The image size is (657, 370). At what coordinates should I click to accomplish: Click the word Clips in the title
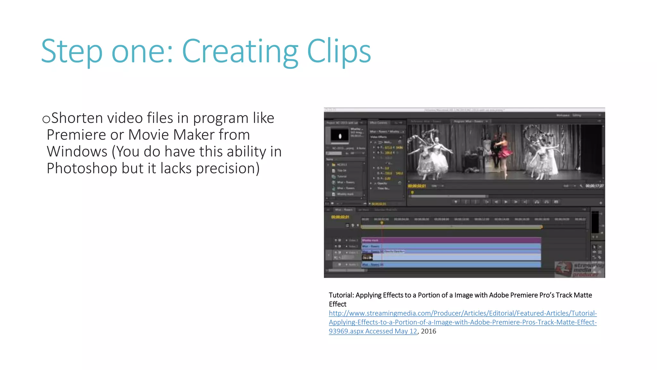click(339, 51)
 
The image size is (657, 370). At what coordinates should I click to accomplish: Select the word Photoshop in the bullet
click(82, 168)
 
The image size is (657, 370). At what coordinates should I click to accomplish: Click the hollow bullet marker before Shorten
click(46, 119)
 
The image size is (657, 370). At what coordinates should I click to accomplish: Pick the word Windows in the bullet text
click(77, 152)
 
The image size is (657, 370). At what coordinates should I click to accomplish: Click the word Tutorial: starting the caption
click(341, 295)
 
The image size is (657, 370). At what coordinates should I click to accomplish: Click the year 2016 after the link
click(429, 331)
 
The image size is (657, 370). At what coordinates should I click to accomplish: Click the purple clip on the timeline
click(451, 240)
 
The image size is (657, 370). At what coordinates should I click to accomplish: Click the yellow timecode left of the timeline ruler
click(340, 217)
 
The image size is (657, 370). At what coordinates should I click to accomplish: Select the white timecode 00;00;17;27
click(594, 186)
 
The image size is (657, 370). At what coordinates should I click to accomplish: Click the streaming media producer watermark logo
click(579, 269)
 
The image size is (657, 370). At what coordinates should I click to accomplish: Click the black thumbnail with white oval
click(339, 135)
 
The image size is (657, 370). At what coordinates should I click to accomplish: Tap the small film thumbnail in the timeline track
click(367, 257)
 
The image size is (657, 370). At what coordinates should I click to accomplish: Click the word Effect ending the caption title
click(337, 304)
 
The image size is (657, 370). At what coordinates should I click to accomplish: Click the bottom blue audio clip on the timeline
click(451, 265)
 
